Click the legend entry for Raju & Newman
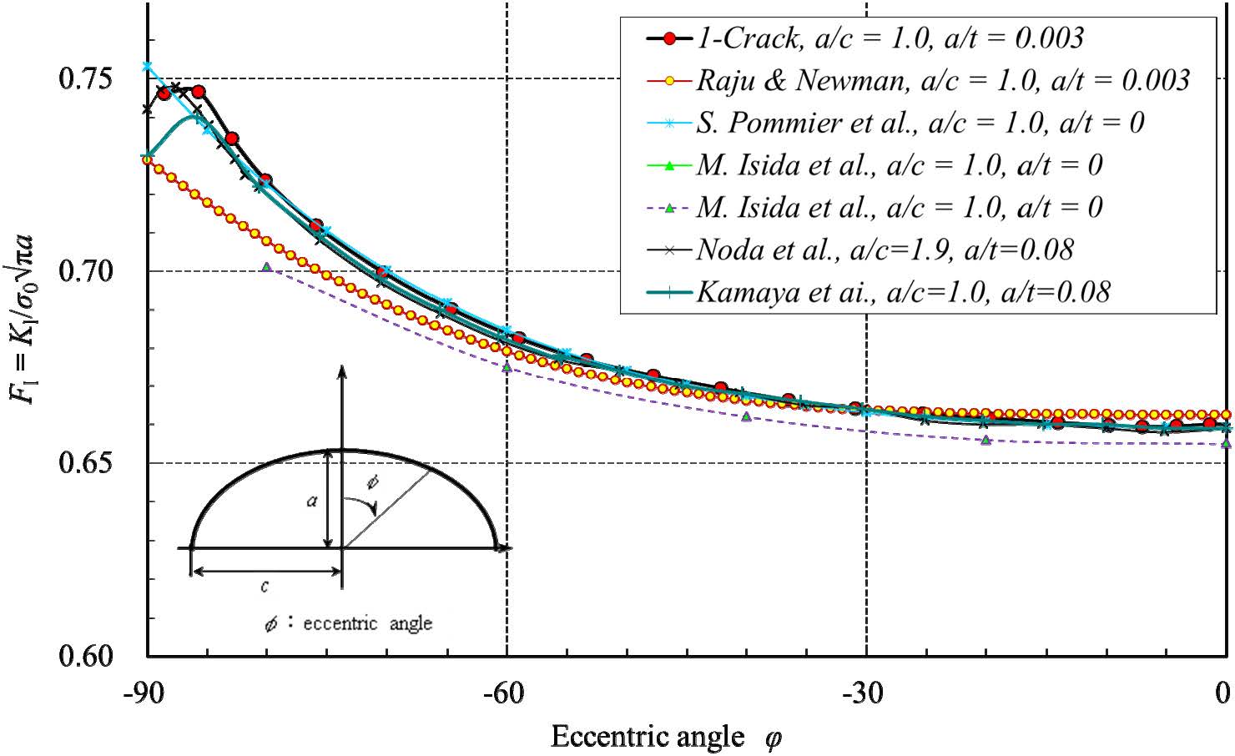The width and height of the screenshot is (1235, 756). pyautogui.click(x=942, y=80)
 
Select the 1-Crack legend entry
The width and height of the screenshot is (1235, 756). pyautogui.click(x=890, y=38)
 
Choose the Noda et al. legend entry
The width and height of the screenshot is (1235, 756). pyautogui.click(x=885, y=249)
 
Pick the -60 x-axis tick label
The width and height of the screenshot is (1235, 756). pyautogui.click(x=507, y=693)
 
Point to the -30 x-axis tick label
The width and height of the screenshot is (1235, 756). pyautogui.click(x=867, y=693)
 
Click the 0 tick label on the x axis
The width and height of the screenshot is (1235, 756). pyautogui.click(x=1222, y=693)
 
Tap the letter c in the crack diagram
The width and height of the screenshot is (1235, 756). pyautogui.click(x=265, y=587)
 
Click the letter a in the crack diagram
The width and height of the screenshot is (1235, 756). pyautogui.click(x=311, y=501)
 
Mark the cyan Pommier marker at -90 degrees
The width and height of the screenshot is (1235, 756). pyautogui.click(x=147, y=65)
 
